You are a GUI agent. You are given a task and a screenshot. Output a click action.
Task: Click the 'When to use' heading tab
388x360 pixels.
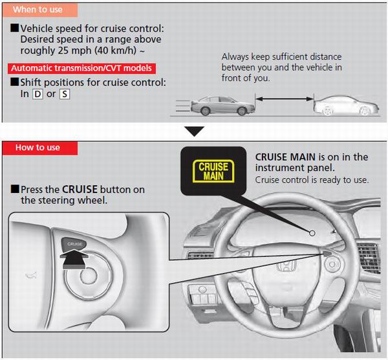pos(40,10)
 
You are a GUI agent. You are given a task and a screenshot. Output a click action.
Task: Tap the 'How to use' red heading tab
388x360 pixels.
pos(40,148)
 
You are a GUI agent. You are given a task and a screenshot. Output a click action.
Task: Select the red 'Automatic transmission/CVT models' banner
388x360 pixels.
pos(81,68)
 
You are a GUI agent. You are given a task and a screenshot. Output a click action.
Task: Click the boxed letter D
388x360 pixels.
pos(38,94)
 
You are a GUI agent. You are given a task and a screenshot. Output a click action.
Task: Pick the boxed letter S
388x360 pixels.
pos(65,94)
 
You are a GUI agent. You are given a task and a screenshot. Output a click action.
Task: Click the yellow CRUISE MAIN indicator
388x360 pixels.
pos(213,171)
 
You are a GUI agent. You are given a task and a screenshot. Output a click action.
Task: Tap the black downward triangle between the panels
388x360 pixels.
pos(194,131)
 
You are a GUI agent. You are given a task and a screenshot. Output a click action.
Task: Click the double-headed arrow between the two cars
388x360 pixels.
pos(285,99)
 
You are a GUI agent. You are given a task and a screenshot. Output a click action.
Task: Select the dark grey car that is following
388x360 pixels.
pos(222,106)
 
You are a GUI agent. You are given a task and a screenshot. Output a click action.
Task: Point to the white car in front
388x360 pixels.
pos(346,106)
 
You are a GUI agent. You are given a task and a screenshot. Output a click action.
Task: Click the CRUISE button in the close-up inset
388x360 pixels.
pos(74,244)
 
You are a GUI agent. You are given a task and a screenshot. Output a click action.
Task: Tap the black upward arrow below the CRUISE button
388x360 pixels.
pos(74,259)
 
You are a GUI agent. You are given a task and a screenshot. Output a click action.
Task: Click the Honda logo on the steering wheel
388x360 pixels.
pos(286,267)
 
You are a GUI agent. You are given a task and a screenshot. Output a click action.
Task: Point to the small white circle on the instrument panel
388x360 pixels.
pos(312,233)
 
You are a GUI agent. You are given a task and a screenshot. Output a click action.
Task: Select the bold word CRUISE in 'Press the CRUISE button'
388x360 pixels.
pos(80,190)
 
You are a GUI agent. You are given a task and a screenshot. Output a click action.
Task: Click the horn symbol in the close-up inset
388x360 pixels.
pos(31,275)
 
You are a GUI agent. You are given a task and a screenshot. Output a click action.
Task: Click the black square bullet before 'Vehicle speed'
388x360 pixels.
pos(15,28)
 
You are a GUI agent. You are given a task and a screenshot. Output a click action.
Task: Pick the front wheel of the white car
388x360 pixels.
pos(365,111)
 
